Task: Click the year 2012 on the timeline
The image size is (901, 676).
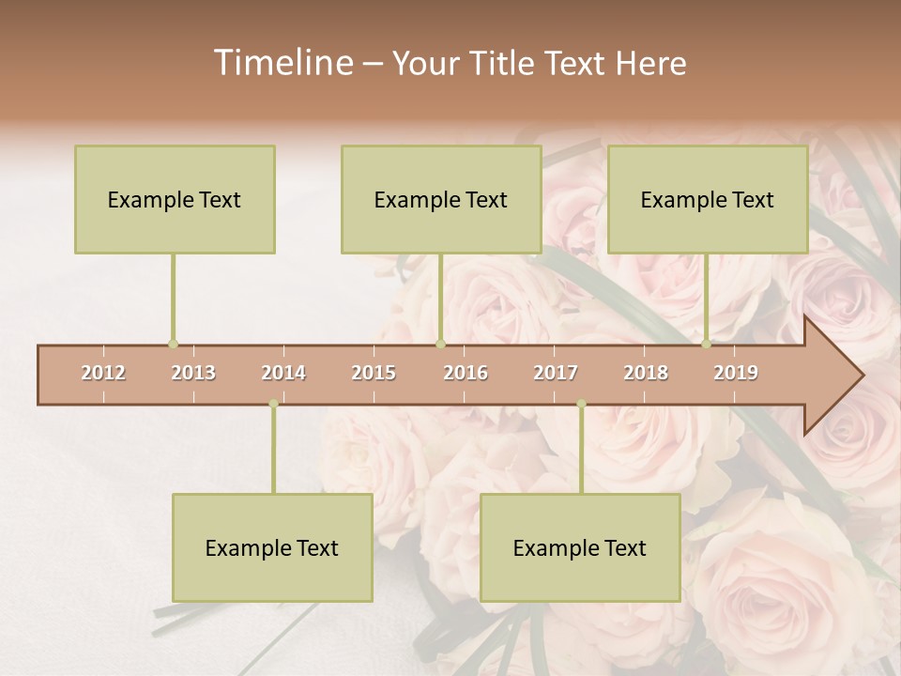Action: [x=103, y=373]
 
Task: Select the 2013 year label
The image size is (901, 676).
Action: [x=193, y=373]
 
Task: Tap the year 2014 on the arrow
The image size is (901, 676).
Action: [x=283, y=373]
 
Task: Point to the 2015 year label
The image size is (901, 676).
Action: [x=374, y=373]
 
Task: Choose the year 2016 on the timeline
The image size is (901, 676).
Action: [x=466, y=373]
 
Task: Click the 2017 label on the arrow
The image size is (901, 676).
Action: [x=556, y=373]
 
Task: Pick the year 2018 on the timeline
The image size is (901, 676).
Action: [x=646, y=373]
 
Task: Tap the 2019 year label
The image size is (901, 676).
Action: [x=736, y=373]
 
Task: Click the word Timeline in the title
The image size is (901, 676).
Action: [x=281, y=63]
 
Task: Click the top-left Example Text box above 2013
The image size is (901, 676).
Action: [x=175, y=199]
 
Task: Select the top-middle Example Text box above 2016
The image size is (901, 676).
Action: [x=441, y=199]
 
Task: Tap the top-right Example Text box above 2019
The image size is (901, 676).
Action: [x=708, y=199]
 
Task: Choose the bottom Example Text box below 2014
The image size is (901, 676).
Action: [x=272, y=547]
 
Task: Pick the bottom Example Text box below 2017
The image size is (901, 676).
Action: [x=580, y=547]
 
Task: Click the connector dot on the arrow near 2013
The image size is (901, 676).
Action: [x=173, y=345]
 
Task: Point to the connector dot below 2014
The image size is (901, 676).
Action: [x=273, y=404]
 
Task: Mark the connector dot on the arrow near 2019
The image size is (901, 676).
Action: [x=706, y=345]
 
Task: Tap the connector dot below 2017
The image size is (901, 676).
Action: [x=581, y=404]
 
